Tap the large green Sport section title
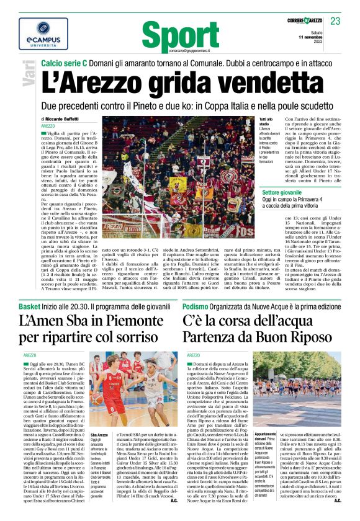180,32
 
